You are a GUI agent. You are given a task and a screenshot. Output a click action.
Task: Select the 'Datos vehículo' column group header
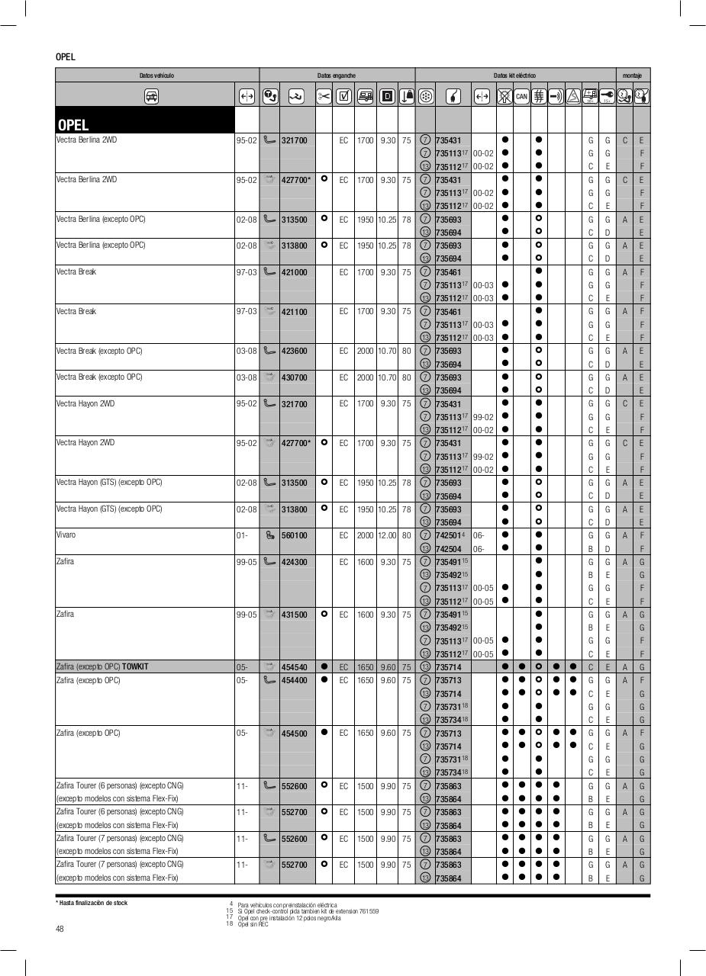(x=156, y=75)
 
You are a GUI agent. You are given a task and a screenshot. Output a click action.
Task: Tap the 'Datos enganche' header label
(x=337, y=75)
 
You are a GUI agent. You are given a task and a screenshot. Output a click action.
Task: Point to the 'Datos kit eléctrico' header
(x=514, y=75)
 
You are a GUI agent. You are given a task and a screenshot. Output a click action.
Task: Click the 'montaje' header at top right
(x=632, y=75)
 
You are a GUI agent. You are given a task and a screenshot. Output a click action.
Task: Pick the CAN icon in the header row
(x=521, y=96)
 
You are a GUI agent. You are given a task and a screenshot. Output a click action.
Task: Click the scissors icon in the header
(x=324, y=96)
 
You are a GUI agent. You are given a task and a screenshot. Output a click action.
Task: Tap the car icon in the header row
(x=151, y=96)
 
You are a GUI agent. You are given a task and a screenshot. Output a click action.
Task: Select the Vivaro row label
(x=66, y=535)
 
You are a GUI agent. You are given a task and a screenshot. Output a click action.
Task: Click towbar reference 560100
(x=294, y=536)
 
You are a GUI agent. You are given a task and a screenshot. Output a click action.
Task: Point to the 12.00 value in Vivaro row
(x=387, y=536)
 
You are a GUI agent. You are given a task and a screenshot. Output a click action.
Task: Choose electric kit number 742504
(x=448, y=549)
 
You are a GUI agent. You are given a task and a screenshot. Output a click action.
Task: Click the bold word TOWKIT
(x=135, y=667)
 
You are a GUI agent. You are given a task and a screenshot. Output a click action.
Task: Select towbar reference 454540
(x=294, y=667)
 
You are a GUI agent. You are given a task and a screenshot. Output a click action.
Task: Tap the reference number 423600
(x=294, y=352)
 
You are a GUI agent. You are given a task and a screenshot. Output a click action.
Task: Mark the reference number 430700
(x=294, y=377)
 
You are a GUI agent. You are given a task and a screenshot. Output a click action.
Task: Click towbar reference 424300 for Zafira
(x=294, y=562)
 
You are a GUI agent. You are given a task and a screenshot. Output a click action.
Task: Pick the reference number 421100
(x=294, y=312)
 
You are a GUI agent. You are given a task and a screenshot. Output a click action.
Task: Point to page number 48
(x=60, y=928)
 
